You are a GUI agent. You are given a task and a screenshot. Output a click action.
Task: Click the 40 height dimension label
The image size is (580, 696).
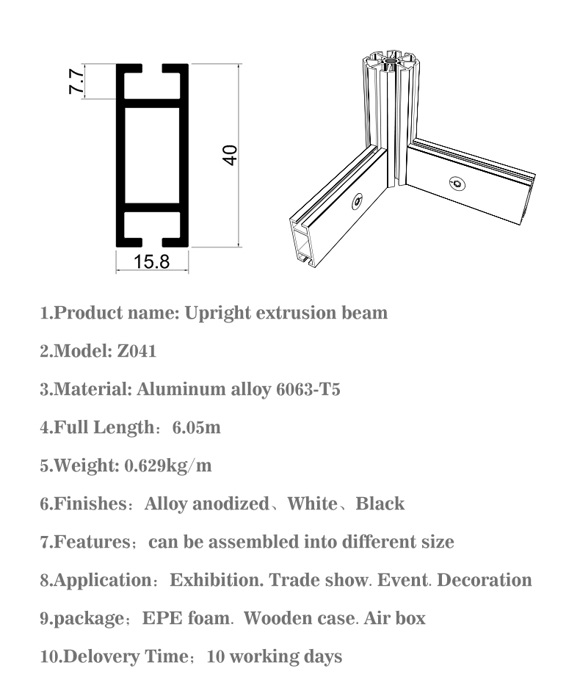pos(230,155)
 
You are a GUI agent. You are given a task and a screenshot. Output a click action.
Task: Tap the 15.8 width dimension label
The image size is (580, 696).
pos(151,261)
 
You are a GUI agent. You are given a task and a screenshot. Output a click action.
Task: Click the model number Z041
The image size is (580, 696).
pos(137,351)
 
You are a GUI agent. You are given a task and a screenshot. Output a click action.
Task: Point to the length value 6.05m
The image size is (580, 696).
pos(196,427)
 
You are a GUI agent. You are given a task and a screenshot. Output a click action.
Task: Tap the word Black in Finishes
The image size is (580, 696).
pos(380,504)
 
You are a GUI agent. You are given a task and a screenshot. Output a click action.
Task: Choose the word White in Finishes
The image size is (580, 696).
pos(312,504)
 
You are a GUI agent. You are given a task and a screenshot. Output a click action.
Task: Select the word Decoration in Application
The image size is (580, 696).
pos(485,580)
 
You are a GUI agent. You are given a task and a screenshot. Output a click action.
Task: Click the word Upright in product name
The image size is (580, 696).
pos(217,313)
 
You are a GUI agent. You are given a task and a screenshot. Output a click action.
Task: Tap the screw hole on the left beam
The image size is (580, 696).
pos(358,200)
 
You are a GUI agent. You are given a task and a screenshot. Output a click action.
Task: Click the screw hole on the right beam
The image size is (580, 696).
pos(457,183)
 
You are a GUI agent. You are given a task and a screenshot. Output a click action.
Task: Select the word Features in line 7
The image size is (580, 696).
pos(92,542)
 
